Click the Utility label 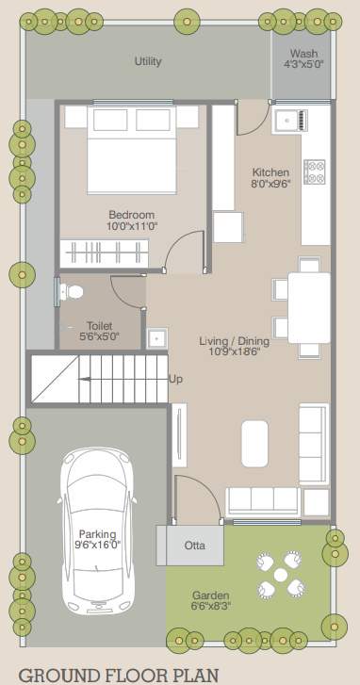[x=148, y=61]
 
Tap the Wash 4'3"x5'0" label [x=303, y=59]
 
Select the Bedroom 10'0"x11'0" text [x=131, y=220]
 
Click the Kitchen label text [x=270, y=178]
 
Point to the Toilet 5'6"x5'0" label [x=100, y=331]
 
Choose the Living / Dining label [x=235, y=346]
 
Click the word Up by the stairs [x=176, y=380]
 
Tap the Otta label [x=195, y=545]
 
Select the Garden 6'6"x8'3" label [x=210, y=601]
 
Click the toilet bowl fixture [x=71, y=292]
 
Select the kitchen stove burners [x=314, y=171]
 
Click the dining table [x=309, y=307]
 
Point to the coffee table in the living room [x=256, y=442]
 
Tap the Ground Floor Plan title [x=114, y=675]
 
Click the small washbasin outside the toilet [x=156, y=336]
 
